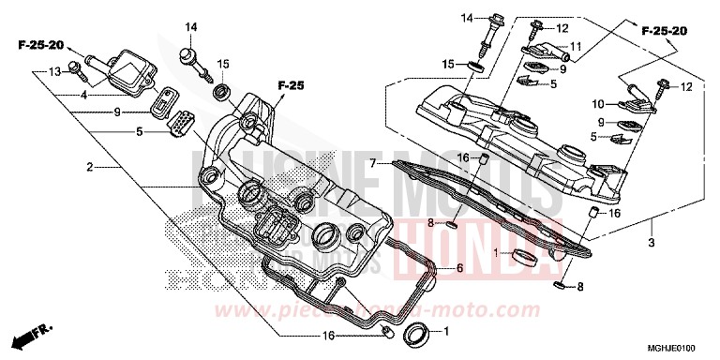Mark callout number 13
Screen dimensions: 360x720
pos(54,71)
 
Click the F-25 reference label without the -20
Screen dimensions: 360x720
pos(292,86)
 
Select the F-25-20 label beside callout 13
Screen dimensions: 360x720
pos(41,45)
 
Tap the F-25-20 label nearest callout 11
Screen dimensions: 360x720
pos(665,31)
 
